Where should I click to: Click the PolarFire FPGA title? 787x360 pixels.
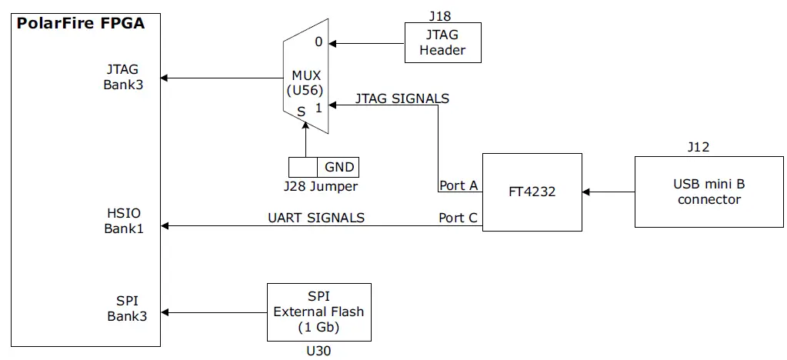pyautogui.click(x=81, y=24)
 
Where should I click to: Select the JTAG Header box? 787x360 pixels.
pyautogui.click(x=442, y=42)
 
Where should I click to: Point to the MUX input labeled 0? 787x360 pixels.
pyautogui.click(x=318, y=42)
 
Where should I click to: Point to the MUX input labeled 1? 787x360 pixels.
pyautogui.click(x=318, y=108)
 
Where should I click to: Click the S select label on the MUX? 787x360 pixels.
pyautogui.click(x=302, y=112)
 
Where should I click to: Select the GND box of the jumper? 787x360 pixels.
pyautogui.click(x=338, y=167)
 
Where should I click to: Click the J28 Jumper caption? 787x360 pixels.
pyautogui.click(x=320, y=186)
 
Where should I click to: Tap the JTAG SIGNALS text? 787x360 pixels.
pyautogui.click(x=402, y=98)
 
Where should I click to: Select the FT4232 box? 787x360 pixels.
pyautogui.click(x=532, y=192)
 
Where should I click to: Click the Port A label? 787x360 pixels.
pyautogui.click(x=459, y=185)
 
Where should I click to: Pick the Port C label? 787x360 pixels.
pyautogui.click(x=459, y=218)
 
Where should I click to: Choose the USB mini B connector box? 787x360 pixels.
pyautogui.click(x=709, y=192)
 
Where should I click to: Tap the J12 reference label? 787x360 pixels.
pyautogui.click(x=698, y=147)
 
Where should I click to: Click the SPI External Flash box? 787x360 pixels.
pyautogui.click(x=318, y=312)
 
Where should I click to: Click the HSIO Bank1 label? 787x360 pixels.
pyautogui.click(x=124, y=220)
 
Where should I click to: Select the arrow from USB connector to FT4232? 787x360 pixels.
pyautogui.click(x=609, y=192)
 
